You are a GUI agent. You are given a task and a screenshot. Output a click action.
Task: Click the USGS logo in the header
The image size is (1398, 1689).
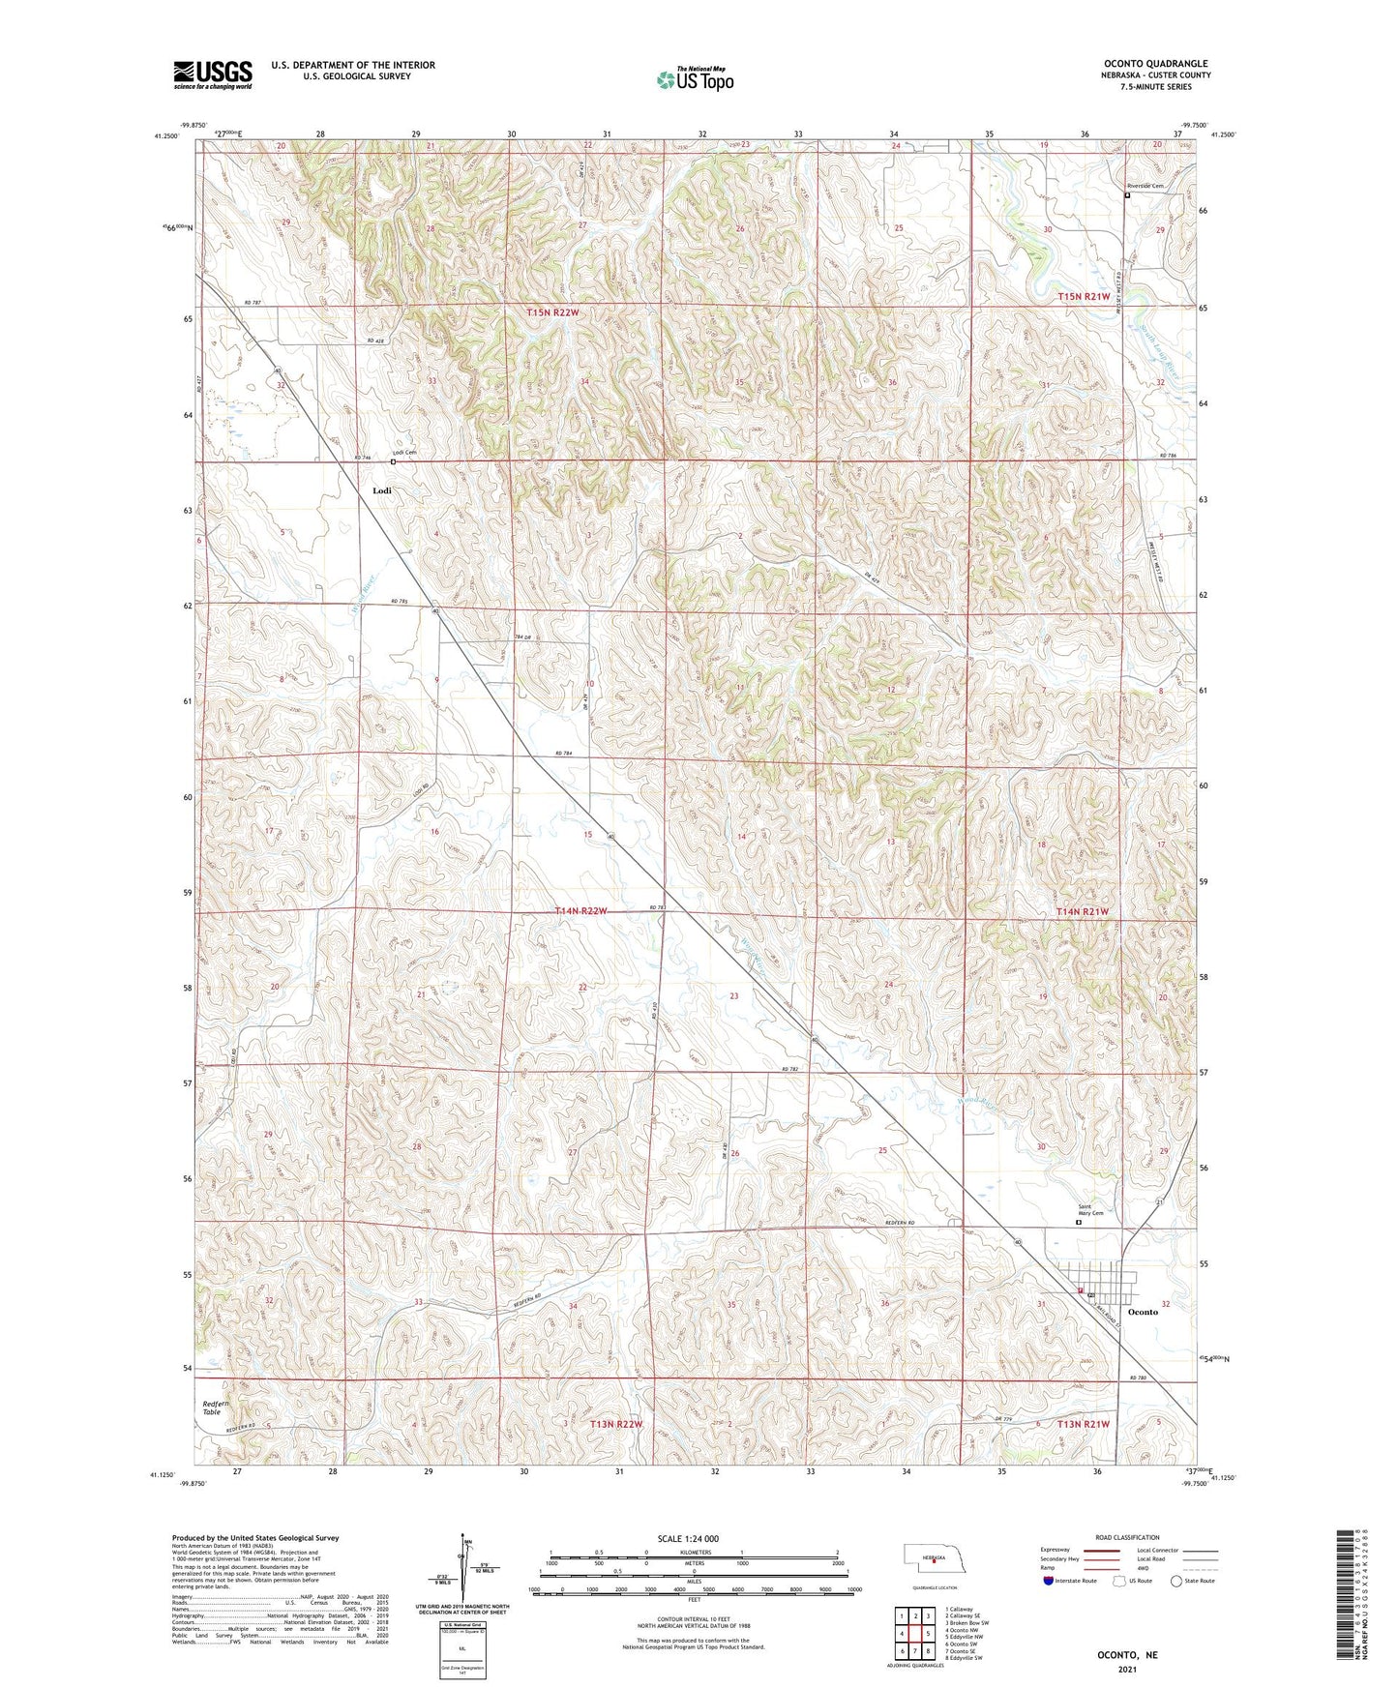213,74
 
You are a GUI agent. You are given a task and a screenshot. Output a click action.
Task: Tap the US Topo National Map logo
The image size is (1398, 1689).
694,79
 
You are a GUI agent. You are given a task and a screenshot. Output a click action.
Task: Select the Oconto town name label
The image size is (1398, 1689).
1143,1312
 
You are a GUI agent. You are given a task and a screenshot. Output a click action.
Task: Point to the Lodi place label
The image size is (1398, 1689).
382,490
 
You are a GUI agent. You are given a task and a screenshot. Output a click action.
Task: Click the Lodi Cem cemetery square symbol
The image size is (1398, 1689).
393,461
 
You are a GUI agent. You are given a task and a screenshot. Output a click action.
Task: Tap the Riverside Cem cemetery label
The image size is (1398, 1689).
1145,186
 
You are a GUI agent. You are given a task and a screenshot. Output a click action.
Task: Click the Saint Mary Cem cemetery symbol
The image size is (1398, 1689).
1080,1223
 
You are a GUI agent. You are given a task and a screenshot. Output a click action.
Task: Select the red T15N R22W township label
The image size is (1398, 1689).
553,312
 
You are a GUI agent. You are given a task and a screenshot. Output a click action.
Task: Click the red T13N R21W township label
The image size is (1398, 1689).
1083,1424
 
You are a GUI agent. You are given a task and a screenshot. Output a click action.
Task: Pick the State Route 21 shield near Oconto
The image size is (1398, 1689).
1159,1201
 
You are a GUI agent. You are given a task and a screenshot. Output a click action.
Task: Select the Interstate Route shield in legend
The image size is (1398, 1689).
1049,1581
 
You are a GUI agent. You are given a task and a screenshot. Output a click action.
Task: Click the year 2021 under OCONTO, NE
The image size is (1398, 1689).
1126,1670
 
